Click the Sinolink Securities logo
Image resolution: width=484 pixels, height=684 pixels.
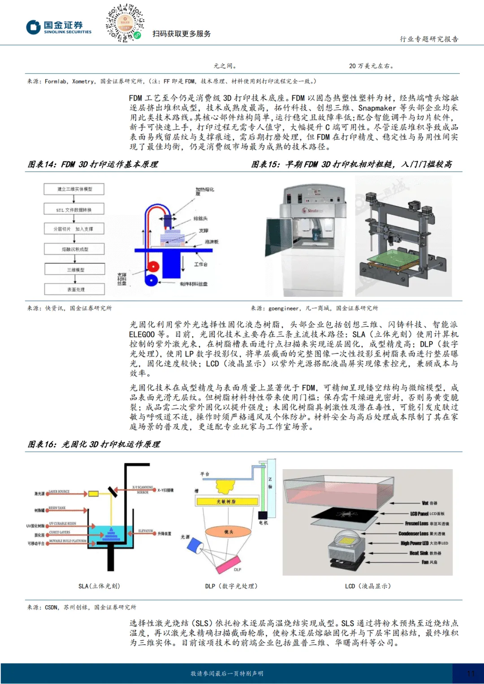coord(58,27)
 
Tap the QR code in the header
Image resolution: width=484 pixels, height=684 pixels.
coord(125,23)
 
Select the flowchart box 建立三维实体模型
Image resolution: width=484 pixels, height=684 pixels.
coord(74,189)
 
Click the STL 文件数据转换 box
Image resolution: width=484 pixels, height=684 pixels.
coord(74,209)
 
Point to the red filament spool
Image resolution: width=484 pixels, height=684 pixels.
coord(153,266)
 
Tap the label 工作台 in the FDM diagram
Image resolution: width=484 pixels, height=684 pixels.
coord(200,264)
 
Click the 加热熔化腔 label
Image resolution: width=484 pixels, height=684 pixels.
coord(204,191)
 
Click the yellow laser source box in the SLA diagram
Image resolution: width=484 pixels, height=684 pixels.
coord(93,494)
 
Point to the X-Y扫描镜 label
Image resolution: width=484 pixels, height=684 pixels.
coord(165,490)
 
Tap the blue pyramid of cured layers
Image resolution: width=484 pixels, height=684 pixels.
coord(112,533)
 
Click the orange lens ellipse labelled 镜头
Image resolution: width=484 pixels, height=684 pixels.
coord(228,532)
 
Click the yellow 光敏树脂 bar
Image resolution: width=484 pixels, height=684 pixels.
coord(227,501)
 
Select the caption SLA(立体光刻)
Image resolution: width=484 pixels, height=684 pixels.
coord(99,586)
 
